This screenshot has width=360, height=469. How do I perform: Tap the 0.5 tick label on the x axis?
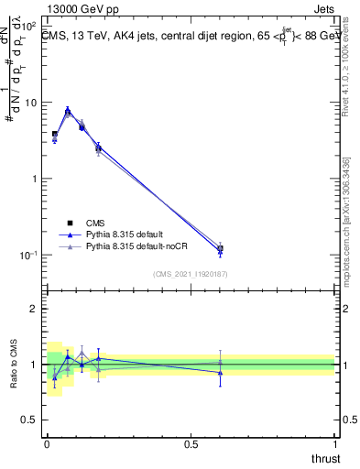(x=191, y=442)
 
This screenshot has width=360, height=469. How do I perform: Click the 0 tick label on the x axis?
(x=47, y=442)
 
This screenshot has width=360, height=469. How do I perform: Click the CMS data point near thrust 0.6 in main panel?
(x=220, y=248)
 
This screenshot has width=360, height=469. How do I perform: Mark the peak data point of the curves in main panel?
(x=68, y=112)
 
